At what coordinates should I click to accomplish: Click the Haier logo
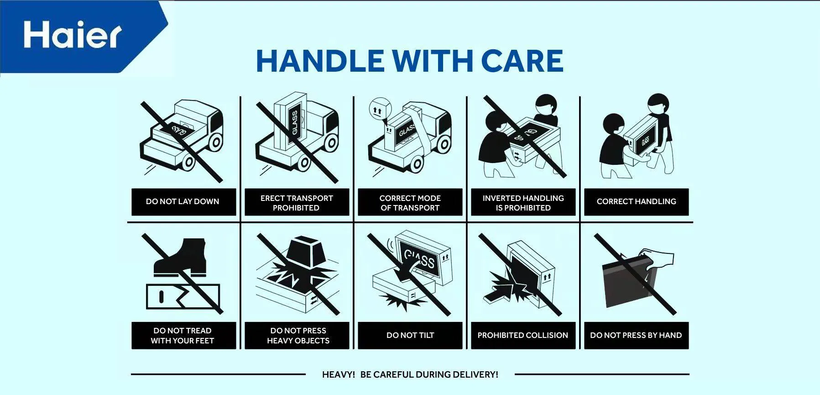point(73,35)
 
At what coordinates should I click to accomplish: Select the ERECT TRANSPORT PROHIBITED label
point(297,202)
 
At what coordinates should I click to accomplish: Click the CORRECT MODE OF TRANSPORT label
point(410,202)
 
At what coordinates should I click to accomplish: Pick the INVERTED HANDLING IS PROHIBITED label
point(523,202)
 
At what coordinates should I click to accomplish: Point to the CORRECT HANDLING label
point(636,202)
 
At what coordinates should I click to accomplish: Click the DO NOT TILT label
point(410,336)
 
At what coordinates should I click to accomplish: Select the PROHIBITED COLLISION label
point(523,336)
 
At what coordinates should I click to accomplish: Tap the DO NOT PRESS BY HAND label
point(636,336)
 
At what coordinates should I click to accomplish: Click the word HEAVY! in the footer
point(338,375)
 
